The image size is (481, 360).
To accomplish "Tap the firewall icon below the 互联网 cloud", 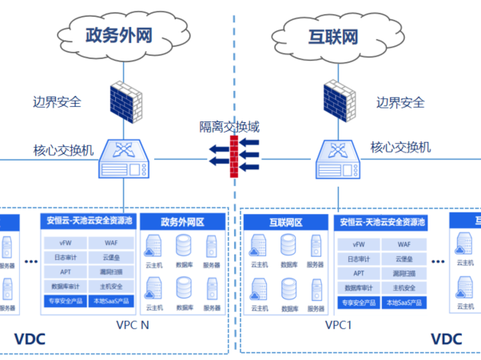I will pos(336,101).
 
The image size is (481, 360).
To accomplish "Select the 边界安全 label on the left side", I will pos(57,102).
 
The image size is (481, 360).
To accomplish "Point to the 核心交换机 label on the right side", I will pos(400,147).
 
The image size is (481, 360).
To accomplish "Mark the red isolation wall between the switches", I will pos(233,155).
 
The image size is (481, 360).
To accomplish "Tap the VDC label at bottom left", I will pos(29,339).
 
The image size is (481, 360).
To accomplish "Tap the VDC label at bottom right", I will pos(447,339).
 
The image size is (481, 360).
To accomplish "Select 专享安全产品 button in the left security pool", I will pos(65,302).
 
